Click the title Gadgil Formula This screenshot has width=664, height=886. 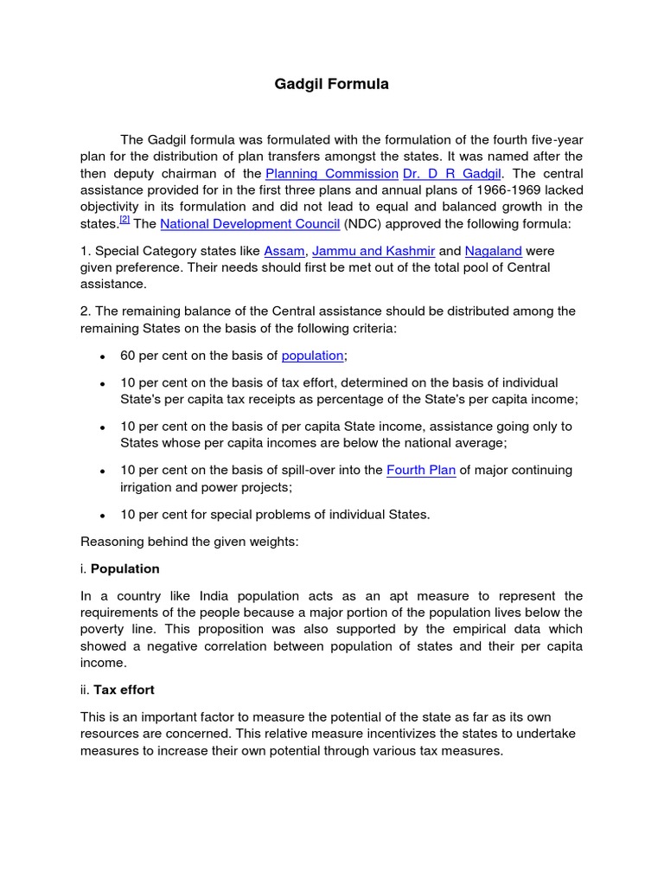pyautogui.click(x=332, y=84)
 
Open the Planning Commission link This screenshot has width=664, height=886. pyautogui.click(x=332, y=174)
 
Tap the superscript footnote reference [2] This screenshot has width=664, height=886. pyautogui.click(x=124, y=221)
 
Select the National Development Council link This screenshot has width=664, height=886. pyautogui.click(x=250, y=224)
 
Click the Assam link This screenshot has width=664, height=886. pyautogui.click(x=284, y=251)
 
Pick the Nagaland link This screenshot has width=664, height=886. pyautogui.click(x=494, y=251)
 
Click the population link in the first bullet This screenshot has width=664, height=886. pyautogui.click(x=312, y=356)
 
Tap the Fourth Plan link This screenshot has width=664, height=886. pyautogui.click(x=421, y=470)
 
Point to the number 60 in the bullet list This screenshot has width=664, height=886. pyautogui.click(x=128, y=356)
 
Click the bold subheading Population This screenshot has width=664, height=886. pyautogui.click(x=124, y=568)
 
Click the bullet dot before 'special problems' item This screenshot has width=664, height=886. pyautogui.click(x=103, y=515)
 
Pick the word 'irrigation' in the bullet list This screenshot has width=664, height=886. pyautogui.click(x=149, y=487)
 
